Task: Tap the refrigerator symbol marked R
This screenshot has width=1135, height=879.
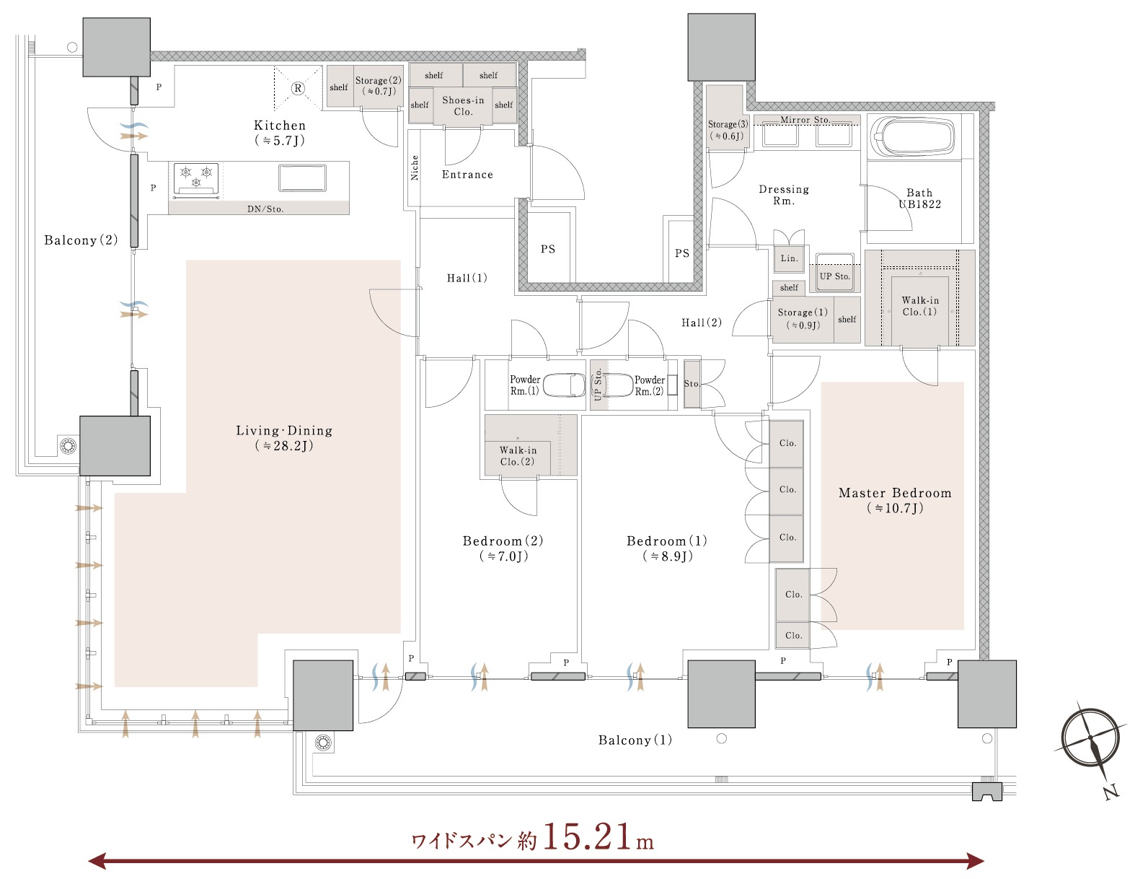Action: [298, 88]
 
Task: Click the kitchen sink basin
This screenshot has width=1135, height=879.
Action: [302, 178]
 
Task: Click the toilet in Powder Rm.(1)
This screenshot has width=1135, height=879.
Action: [564, 385]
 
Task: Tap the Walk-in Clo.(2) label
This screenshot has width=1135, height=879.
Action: [517, 455]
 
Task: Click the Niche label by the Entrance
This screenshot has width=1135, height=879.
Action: [415, 167]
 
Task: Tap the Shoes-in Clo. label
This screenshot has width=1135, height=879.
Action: [463, 105]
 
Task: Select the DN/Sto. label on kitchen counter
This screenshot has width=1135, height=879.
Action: [265, 209]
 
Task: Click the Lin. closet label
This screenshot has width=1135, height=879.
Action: [789, 258]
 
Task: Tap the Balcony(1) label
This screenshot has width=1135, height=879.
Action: [635, 740]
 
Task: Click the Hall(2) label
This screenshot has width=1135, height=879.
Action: [702, 323]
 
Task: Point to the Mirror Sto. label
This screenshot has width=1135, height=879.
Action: [805, 120]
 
